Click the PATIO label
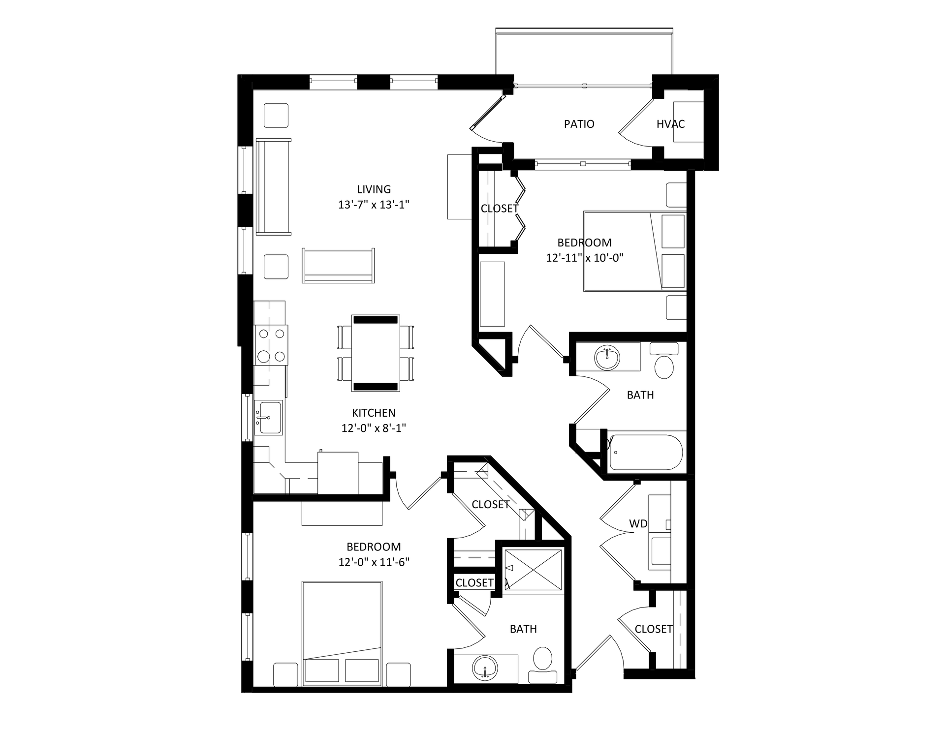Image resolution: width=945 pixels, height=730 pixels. (579, 124)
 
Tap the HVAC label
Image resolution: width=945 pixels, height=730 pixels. (670, 124)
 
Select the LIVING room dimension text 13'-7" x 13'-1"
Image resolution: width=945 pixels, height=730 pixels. (374, 205)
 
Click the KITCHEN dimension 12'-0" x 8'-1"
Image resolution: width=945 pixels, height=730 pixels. (374, 428)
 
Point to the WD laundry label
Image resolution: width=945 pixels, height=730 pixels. (638, 524)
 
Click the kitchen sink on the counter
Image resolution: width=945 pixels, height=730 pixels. (269, 418)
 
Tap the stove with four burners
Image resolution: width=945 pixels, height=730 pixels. (271, 345)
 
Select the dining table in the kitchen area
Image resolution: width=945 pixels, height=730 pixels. (375, 353)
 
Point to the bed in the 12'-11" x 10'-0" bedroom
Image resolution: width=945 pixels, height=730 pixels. (634, 251)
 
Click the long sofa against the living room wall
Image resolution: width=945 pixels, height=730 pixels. (274, 187)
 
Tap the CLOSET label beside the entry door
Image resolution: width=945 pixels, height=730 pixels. (653, 629)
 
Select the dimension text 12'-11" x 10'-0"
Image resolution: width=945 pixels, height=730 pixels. (585, 258)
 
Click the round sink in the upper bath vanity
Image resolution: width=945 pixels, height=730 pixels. (608, 357)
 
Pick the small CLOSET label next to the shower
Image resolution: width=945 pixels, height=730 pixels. (474, 583)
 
